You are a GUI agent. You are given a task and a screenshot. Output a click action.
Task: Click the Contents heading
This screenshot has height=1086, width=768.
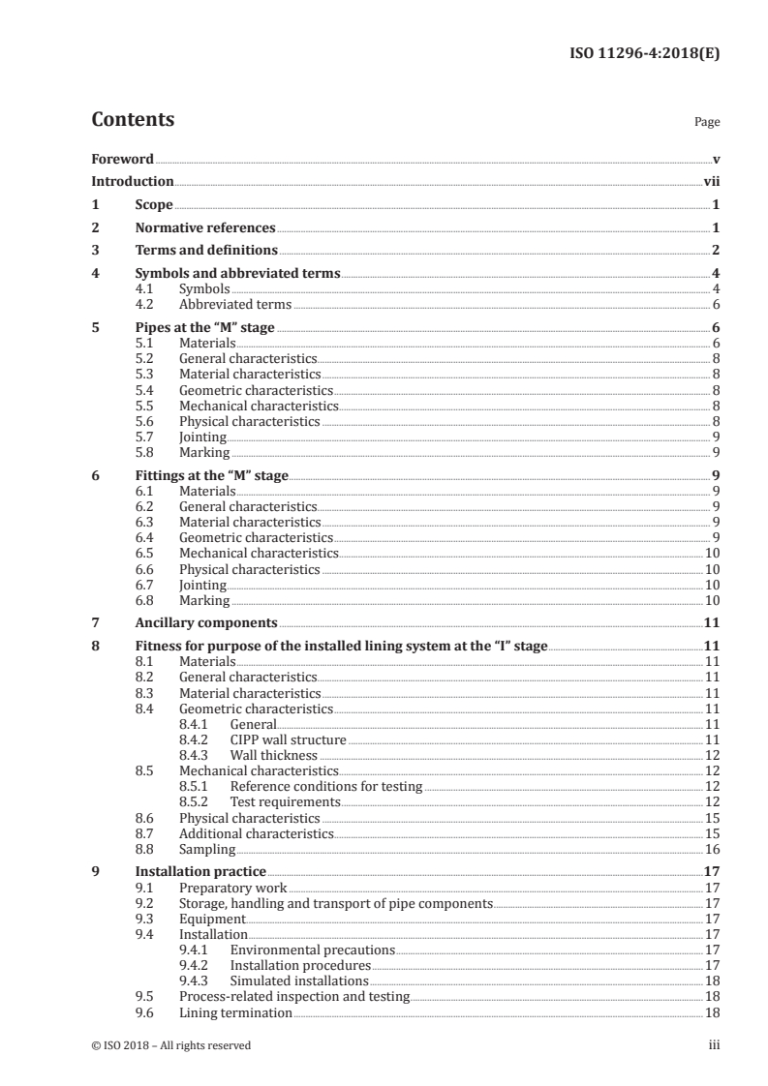pyautogui.click(x=133, y=120)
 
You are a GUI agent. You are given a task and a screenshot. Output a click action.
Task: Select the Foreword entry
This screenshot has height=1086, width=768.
pyautogui.click(x=122, y=159)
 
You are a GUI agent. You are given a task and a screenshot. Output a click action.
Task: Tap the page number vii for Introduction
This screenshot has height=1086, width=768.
pyautogui.click(x=711, y=181)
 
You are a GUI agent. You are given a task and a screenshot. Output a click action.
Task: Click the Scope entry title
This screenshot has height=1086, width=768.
pyautogui.click(x=153, y=205)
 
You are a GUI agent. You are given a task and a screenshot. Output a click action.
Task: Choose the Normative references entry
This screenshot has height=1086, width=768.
pyautogui.click(x=204, y=228)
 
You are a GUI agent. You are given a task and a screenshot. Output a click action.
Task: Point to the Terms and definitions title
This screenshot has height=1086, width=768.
pyautogui.click(x=200, y=251)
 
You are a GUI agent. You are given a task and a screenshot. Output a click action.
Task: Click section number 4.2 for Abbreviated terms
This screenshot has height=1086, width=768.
pyautogui.click(x=145, y=304)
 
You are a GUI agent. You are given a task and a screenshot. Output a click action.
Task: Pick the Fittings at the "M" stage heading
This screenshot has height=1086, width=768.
pyautogui.click(x=211, y=476)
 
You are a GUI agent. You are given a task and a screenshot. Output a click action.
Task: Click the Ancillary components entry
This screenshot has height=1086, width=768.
pyautogui.click(x=205, y=622)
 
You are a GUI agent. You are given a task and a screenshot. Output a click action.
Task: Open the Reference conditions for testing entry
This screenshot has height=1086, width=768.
pyautogui.click(x=325, y=787)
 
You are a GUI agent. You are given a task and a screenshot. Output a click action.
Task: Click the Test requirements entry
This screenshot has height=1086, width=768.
pyautogui.click(x=285, y=802)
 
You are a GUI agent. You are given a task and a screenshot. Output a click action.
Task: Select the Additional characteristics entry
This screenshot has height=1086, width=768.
pyautogui.click(x=256, y=833)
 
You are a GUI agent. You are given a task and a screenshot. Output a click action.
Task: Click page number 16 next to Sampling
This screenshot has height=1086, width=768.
pyautogui.click(x=712, y=849)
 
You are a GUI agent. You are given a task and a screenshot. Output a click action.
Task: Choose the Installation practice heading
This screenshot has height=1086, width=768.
pyautogui.click(x=200, y=871)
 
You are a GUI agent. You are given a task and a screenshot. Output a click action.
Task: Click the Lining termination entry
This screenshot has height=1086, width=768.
pyautogui.click(x=235, y=1012)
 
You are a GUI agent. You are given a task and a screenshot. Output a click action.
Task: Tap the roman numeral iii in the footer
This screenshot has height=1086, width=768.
pyautogui.click(x=714, y=1045)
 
